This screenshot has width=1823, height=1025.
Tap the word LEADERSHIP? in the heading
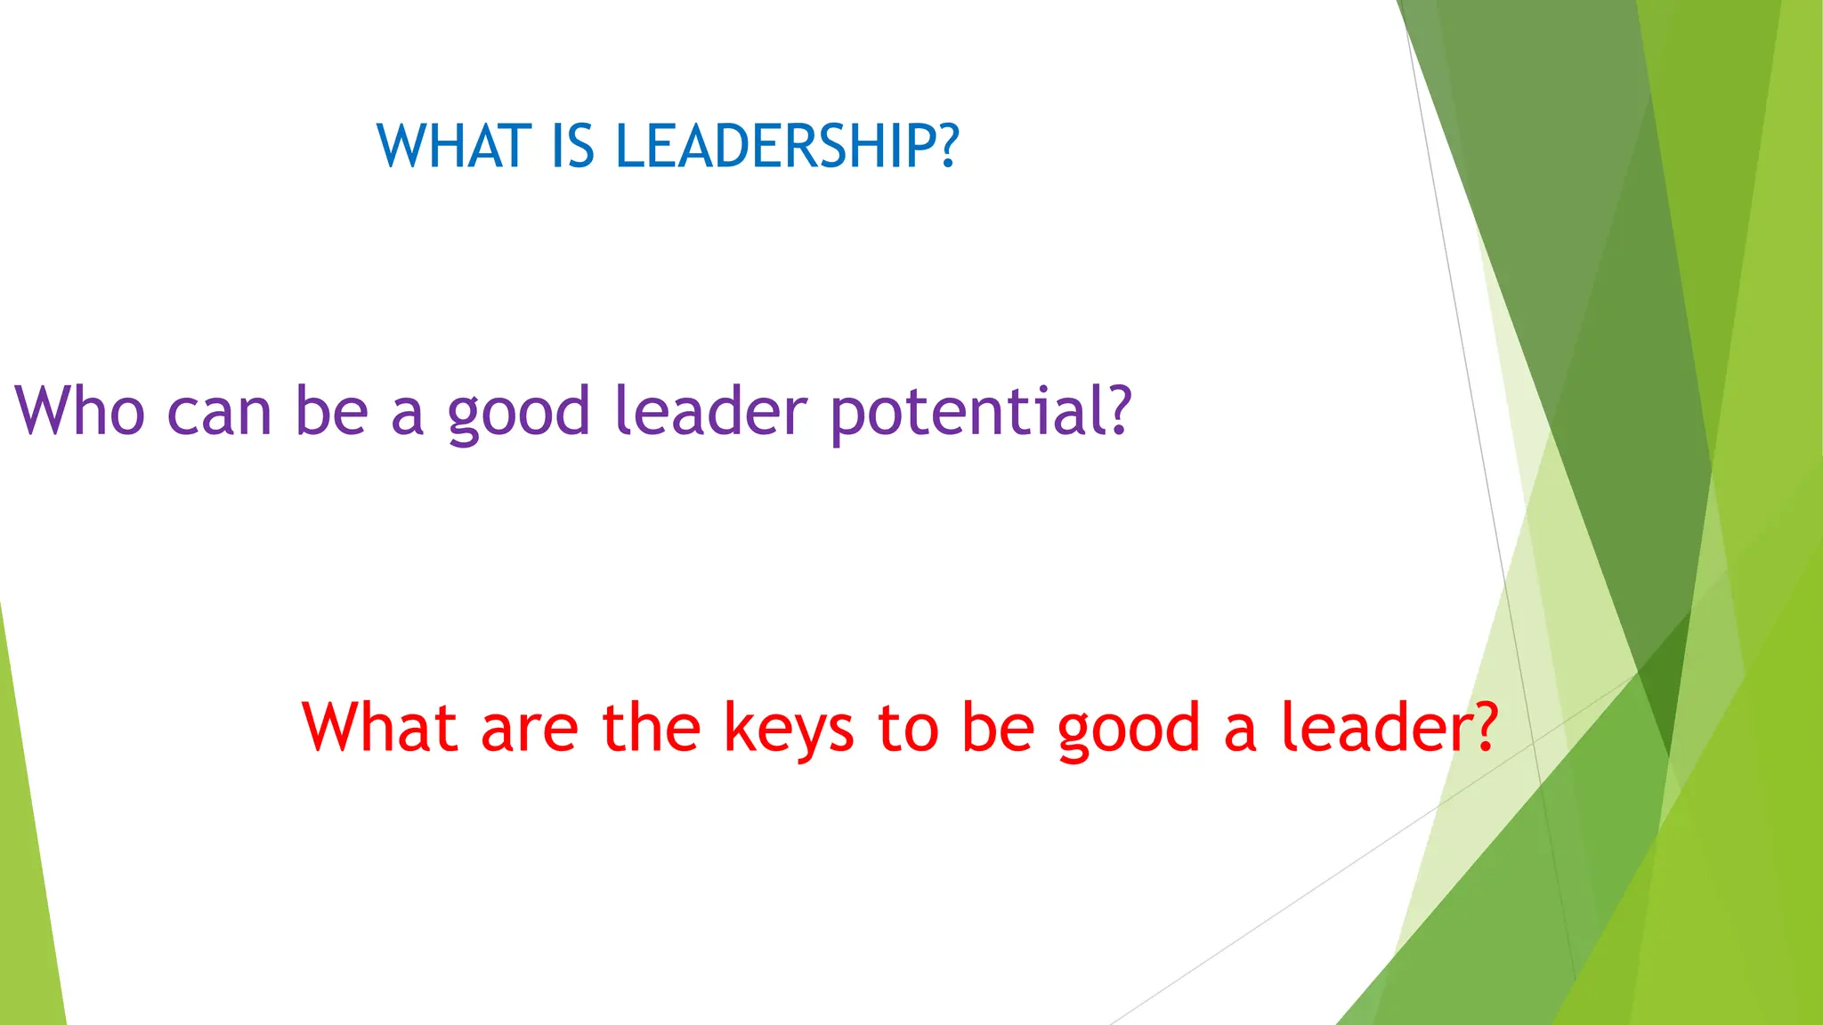click(x=788, y=146)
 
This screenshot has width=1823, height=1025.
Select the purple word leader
click(x=710, y=411)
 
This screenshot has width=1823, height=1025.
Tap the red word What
click(x=380, y=727)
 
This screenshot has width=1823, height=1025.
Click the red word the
click(x=651, y=727)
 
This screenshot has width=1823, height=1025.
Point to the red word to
click(x=908, y=728)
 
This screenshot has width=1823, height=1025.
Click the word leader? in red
click(x=1390, y=727)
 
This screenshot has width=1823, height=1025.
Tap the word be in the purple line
click(x=331, y=411)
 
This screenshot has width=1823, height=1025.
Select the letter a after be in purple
click(x=407, y=416)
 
